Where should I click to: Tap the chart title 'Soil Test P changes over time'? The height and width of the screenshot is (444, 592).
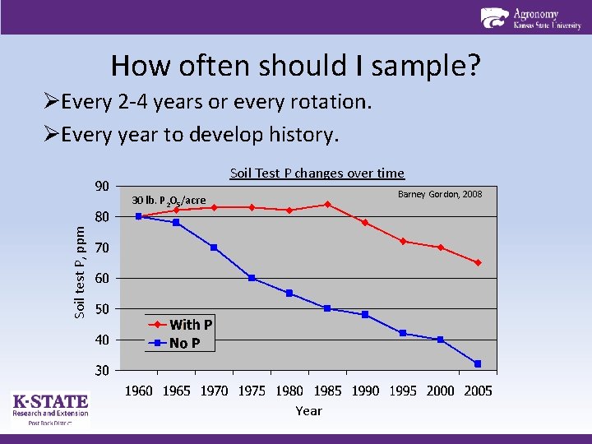click(317, 173)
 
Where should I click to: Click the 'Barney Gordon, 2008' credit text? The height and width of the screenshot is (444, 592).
click(440, 194)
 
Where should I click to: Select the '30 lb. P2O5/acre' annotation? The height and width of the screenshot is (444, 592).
click(169, 201)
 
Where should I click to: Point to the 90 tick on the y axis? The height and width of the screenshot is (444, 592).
click(100, 186)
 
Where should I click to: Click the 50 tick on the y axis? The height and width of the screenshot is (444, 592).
click(100, 309)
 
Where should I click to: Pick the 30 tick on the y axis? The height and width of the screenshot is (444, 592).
click(100, 371)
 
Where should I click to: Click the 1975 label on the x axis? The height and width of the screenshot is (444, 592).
click(252, 391)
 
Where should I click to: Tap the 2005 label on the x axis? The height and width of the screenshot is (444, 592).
click(478, 391)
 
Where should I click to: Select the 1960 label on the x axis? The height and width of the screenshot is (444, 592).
click(138, 391)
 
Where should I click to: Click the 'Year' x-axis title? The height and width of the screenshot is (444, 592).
click(308, 410)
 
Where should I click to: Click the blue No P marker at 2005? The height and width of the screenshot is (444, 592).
click(478, 363)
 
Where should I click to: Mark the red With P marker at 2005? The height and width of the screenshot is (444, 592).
click(478, 263)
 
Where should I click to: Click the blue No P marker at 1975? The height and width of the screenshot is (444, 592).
click(252, 278)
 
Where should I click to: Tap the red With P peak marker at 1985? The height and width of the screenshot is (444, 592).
click(327, 204)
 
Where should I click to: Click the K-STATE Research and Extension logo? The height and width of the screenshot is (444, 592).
click(50, 409)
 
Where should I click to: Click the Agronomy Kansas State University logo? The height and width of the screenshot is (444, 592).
click(531, 18)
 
